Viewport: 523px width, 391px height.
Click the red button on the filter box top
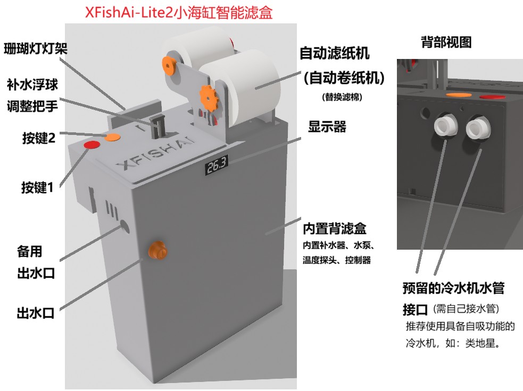pos(91,145)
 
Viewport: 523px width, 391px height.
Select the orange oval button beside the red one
pos(113,138)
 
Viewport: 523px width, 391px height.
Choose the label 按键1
pos(37,187)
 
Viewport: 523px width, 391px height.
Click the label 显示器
pos(327,127)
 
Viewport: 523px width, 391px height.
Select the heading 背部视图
pos(446,42)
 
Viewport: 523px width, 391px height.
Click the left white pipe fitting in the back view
pos(445,126)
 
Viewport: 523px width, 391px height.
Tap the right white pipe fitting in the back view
pos(476,127)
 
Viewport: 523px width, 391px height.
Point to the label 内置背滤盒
pos(335,229)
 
